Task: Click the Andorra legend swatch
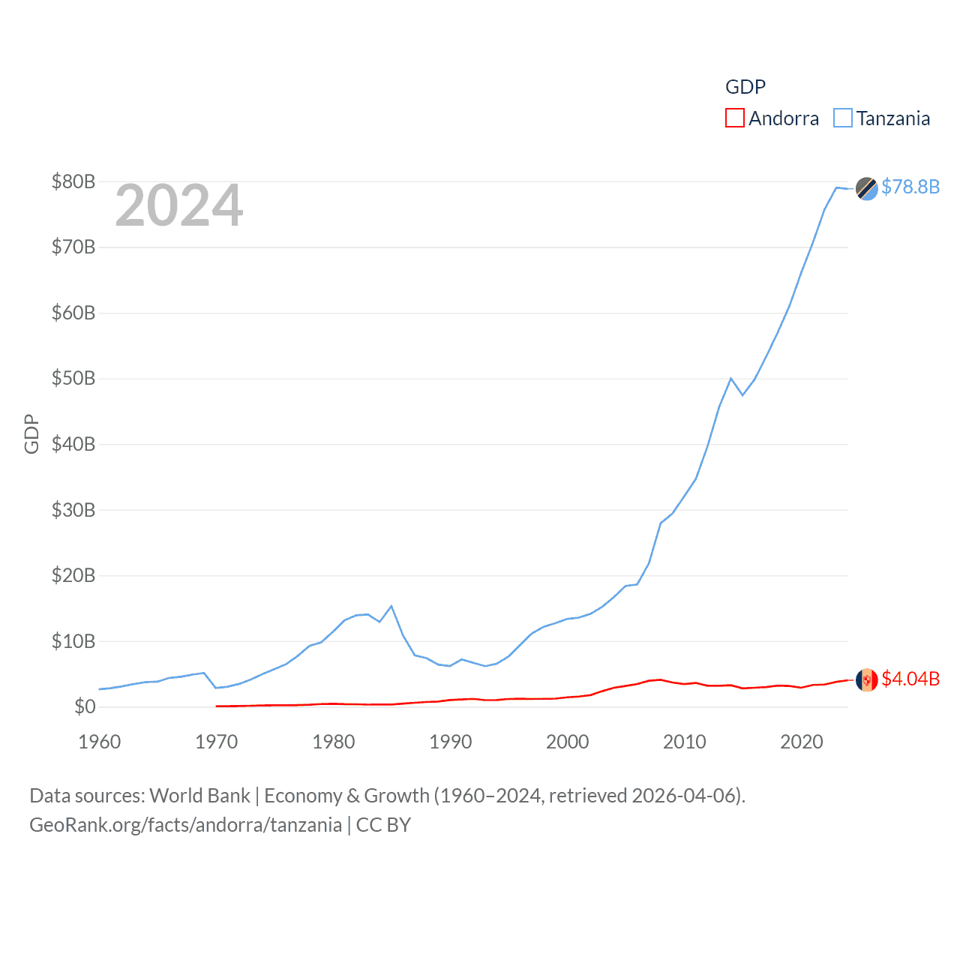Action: (x=735, y=118)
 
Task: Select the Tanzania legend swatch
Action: (x=843, y=118)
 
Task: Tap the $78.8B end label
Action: (x=910, y=187)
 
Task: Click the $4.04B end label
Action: (x=910, y=679)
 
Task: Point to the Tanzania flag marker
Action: (x=867, y=189)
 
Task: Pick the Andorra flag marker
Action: (x=867, y=679)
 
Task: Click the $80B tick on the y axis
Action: (x=73, y=181)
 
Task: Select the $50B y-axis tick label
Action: (x=73, y=378)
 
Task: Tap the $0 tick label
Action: (x=85, y=706)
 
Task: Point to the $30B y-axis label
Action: (x=73, y=510)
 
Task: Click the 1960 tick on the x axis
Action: (x=100, y=742)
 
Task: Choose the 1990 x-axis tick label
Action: (x=451, y=742)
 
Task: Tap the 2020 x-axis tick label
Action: (x=802, y=742)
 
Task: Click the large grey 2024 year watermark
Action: (x=179, y=205)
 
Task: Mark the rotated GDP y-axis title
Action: (x=31, y=433)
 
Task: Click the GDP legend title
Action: (x=745, y=87)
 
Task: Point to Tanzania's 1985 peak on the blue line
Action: (x=391, y=606)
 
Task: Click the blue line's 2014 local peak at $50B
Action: (x=730, y=378)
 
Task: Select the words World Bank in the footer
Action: (x=199, y=796)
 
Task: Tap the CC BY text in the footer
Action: (x=383, y=825)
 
